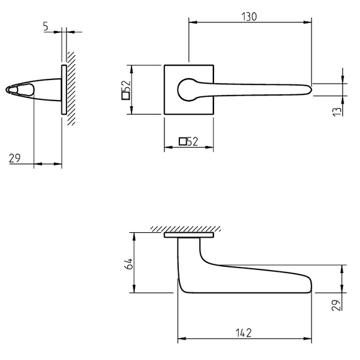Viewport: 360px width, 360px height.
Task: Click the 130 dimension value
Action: [249, 17]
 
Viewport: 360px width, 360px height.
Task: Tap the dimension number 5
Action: [46, 26]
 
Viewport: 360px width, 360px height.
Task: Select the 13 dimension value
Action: [337, 112]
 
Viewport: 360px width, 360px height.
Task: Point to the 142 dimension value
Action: [243, 333]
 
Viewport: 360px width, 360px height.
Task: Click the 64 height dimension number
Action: [128, 264]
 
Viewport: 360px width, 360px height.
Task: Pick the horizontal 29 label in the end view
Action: [15, 158]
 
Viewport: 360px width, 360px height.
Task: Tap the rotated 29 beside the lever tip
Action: [336, 305]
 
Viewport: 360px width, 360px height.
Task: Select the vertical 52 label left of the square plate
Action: [126, 90]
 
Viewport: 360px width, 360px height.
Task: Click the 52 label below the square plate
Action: [188, 142]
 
